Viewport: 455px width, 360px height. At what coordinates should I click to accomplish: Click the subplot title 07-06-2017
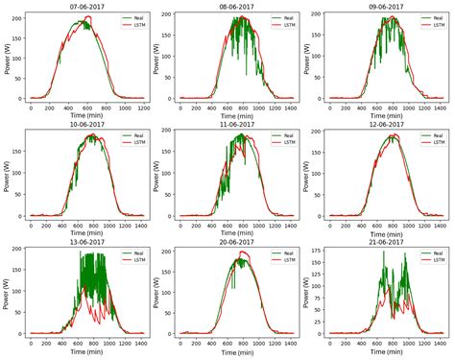[87, 6]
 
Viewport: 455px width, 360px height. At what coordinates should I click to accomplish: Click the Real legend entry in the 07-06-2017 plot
[135, 18]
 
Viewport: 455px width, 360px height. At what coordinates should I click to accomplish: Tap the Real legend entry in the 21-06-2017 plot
[433, 254]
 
